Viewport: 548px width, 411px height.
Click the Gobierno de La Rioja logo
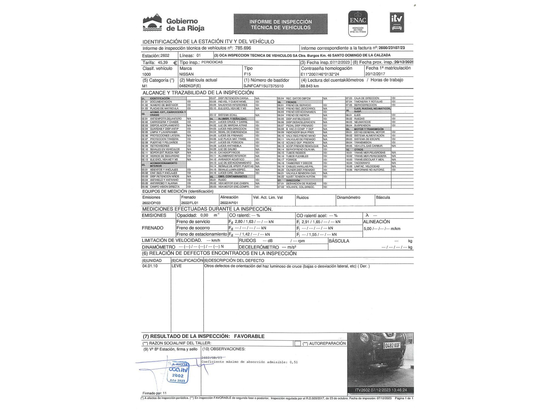coord(173,24)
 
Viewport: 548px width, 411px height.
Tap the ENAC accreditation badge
coord(358,24)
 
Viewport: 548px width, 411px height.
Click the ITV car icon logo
coord(397,22)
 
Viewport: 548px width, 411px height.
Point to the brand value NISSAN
coord(186,74)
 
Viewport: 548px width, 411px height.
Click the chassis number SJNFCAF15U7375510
coord(263,86)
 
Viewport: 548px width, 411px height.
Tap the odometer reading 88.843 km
coord(310,86)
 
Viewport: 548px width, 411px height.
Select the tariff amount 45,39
coord(163,62)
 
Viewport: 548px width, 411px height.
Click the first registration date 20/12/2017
coord(375,74)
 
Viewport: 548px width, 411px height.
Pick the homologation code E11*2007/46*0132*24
coord(320,74)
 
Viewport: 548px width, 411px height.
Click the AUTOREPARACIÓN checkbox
coord(297,344)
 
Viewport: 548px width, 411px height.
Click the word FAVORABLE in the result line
coord(249,336)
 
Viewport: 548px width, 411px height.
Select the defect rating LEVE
coord(176,266)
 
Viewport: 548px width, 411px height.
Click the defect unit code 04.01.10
coord(150,266)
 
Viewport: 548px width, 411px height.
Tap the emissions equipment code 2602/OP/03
coord(151,203)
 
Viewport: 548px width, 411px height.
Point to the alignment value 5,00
coord(367,229)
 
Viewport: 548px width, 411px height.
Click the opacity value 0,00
coord(204,215)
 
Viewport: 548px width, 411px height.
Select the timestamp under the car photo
coord(381,390)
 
